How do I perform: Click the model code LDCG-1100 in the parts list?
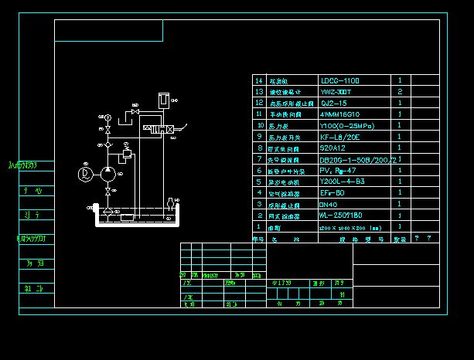click(339, 80)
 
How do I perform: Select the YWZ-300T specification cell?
click(336, 91)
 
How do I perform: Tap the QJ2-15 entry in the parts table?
click(333, 103)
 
